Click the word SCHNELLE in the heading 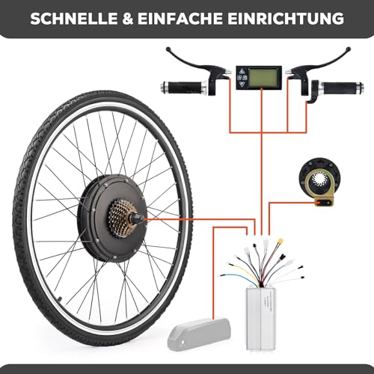[x=74, y=19]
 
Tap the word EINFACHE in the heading [x=180, y=19]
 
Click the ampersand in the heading [x=128, y=19]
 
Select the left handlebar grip [x=183, y=87]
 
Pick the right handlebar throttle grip [x=342, y=88]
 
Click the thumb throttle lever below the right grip [x=312, y=96]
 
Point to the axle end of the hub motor [x=139, y=219]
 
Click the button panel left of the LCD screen [x=242, y=77]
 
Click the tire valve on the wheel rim [x=59, y=298]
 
